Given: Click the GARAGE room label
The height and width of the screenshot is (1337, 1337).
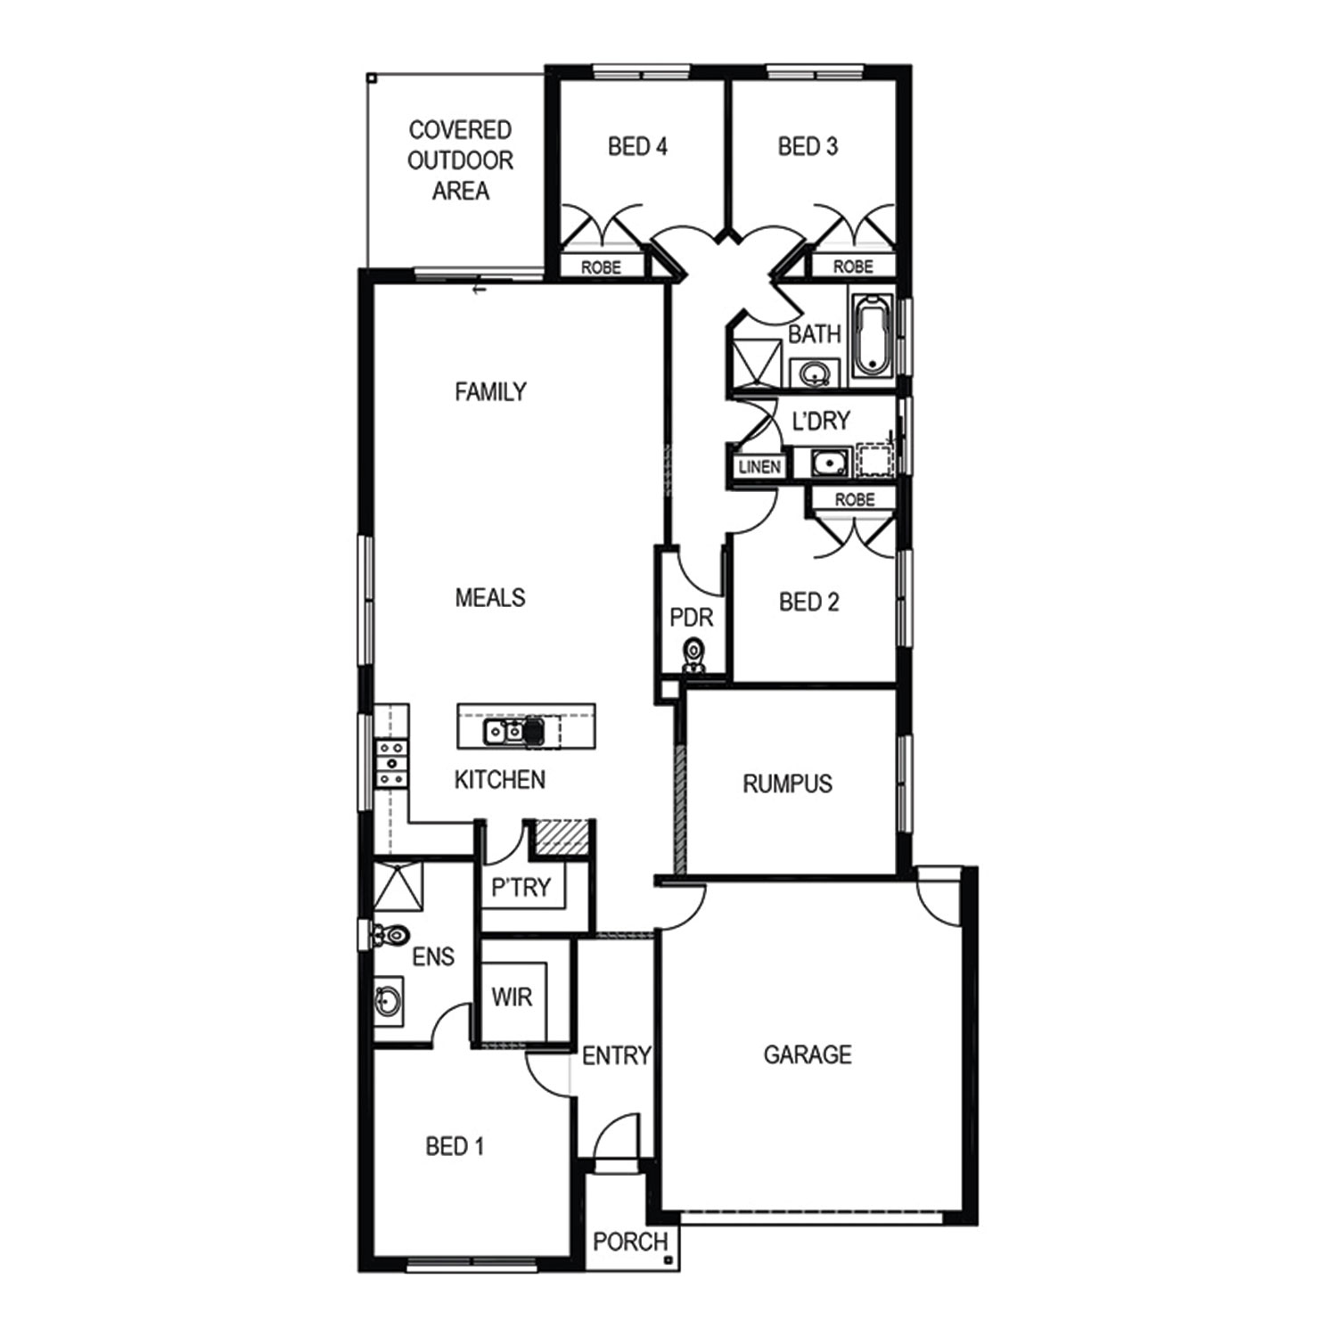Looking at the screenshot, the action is click(x=808, y=1055).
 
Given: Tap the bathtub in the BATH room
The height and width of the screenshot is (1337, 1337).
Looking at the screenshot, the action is click(x=873, y=335).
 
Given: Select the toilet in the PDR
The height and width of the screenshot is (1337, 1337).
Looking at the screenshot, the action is click(x=693, y=655).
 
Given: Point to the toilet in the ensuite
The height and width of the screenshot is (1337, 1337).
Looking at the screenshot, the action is click(x=390, y=935).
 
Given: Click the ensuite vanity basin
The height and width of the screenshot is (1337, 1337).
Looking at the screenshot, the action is click(x=388, y=1001).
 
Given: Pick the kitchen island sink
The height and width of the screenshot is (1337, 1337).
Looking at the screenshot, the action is click(x=504, y=732).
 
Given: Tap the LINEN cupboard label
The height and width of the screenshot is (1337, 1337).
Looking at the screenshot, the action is click(x=759, y=466).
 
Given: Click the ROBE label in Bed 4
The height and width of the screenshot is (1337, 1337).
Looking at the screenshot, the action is click(x=601, y=267).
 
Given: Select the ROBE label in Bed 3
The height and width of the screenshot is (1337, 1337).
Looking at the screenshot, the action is click(x=853, y=267).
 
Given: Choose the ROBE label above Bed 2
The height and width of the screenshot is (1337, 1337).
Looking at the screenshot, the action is click(x=855, y=500).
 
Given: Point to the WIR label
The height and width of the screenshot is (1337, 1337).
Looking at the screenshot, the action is click(x=512, y=997).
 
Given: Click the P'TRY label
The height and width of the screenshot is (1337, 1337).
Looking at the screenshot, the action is click(x=521, y=888).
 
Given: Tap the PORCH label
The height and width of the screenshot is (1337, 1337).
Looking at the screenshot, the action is click(x=630, y=1241).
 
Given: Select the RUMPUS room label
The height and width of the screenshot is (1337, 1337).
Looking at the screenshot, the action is click(x=788, y=784).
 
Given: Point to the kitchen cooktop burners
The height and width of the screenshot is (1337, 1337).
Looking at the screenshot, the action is click(x=391, y=764).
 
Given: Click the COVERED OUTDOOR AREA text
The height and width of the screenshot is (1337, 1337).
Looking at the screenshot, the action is click(x=460, y=160).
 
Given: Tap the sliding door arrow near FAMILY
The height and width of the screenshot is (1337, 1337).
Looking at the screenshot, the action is click(x=479, y=290).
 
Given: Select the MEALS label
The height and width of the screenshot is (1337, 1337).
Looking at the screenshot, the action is click(x=490, y=598).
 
